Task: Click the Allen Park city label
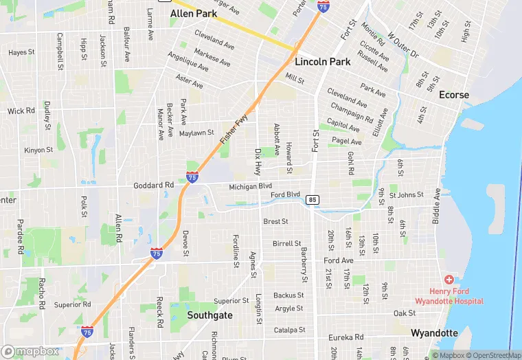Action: click(x=192, y=13)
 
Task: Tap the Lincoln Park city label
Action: click(x=322, y=61)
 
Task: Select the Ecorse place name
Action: click(x=454, y=95)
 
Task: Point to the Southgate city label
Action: click(x=210, y=315)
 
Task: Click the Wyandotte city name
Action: click(x=434, y=333)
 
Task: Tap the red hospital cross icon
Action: click(x=449, y=280)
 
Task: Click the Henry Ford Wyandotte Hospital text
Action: click(x=449, y=296)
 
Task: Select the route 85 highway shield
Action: click(x=313, y=199)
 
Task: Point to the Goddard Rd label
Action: click(x=155, y=185)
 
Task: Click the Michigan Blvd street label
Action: click(x=251, y=185)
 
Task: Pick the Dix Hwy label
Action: click(x=258, y=161)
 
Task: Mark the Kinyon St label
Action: click(x=38, y=150)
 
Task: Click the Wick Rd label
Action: click(x=21, y=111)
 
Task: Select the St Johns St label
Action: click(x=406, y=194)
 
